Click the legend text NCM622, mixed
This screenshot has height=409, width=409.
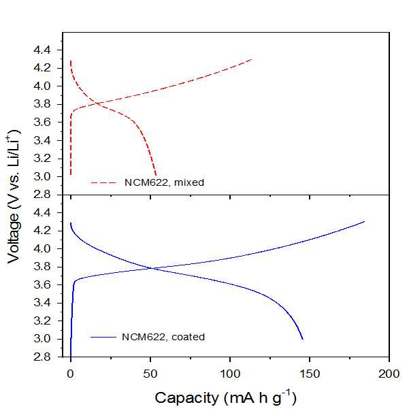[164, 182]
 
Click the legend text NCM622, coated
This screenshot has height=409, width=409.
[163, 337]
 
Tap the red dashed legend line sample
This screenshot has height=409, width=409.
[103, 182]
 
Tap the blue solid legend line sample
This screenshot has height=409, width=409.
[103, 337]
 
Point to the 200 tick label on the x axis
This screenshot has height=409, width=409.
[389, 374]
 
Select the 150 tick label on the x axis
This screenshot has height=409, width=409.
[310, 374]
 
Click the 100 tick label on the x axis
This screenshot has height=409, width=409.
[230, 374]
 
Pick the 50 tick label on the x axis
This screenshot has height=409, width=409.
[150, 374]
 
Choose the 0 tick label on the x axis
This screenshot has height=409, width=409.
[71, 374]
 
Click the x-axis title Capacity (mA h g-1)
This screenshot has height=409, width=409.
[226, 397]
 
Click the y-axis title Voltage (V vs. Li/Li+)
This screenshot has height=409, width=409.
[14, 197]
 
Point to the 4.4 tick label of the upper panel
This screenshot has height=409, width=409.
[42, 50]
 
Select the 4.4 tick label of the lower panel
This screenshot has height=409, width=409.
[42, 213]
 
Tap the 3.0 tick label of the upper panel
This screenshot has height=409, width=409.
[42, 176]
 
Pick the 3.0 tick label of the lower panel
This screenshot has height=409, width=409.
[42, 339]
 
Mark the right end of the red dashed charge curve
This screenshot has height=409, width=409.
[252, 59]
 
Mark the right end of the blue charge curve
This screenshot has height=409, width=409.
[364, 221]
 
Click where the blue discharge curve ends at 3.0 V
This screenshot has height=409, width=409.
[303, 339]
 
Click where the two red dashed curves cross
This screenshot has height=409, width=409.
[97, 103]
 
